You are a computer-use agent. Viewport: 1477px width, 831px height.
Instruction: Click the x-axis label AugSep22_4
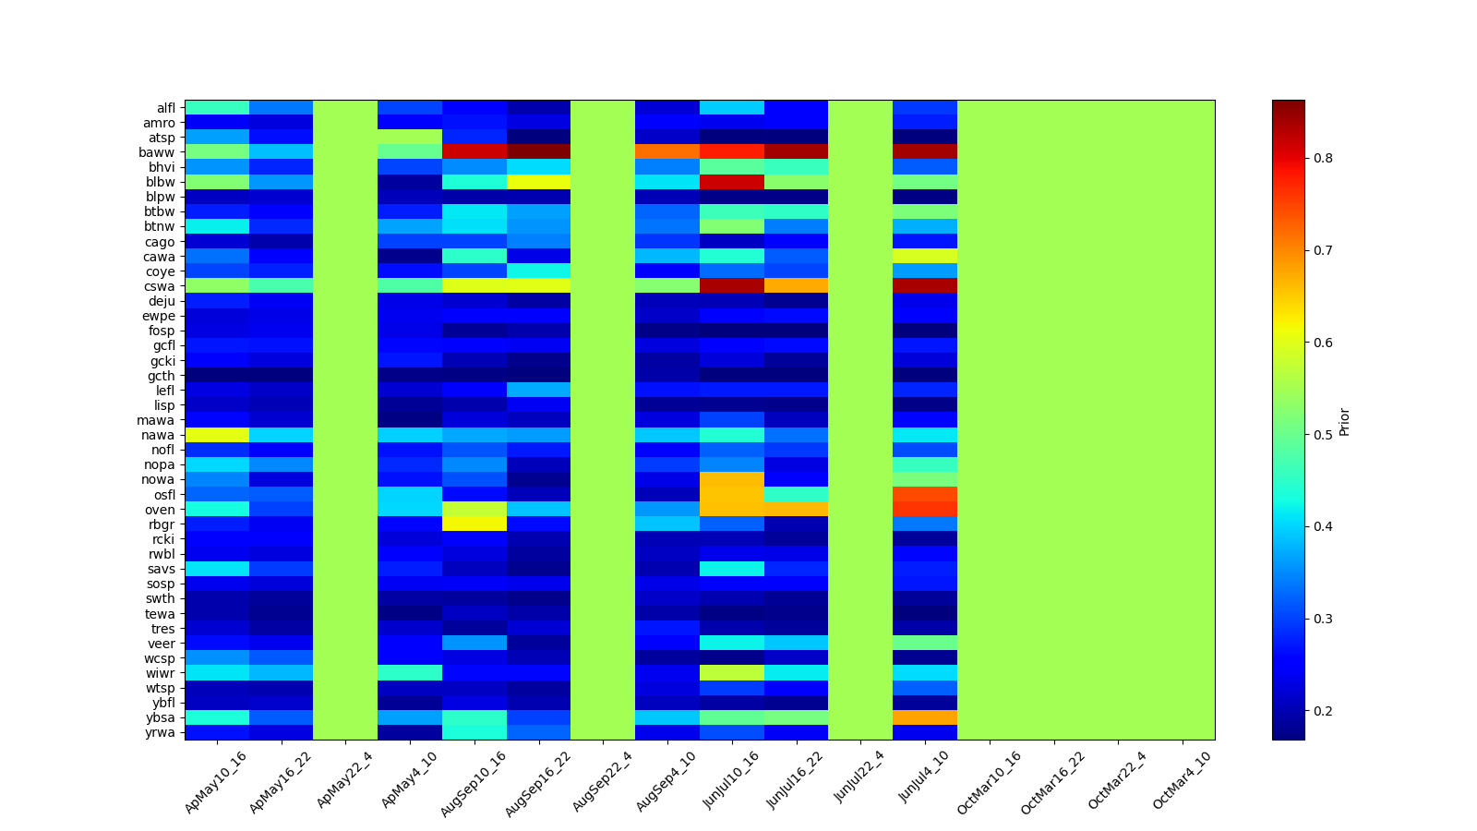click(x=603, y=781)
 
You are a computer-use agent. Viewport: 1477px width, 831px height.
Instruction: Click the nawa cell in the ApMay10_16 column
click(x=217, y=435)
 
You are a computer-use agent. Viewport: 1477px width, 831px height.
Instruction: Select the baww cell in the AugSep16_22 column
click(x=538, y=152)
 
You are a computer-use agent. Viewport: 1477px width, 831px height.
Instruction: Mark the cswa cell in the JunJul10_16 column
click(x=731, y=286)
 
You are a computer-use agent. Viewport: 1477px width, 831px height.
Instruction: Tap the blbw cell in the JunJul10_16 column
click(x=731, y=182)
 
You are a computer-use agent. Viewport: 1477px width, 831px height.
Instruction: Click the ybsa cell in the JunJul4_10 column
click(x=925, y=717)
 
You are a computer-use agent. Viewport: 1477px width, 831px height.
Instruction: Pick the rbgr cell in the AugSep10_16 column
click(x=474, y=524)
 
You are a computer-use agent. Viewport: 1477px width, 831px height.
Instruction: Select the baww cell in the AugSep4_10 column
click(x=667, y=152)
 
